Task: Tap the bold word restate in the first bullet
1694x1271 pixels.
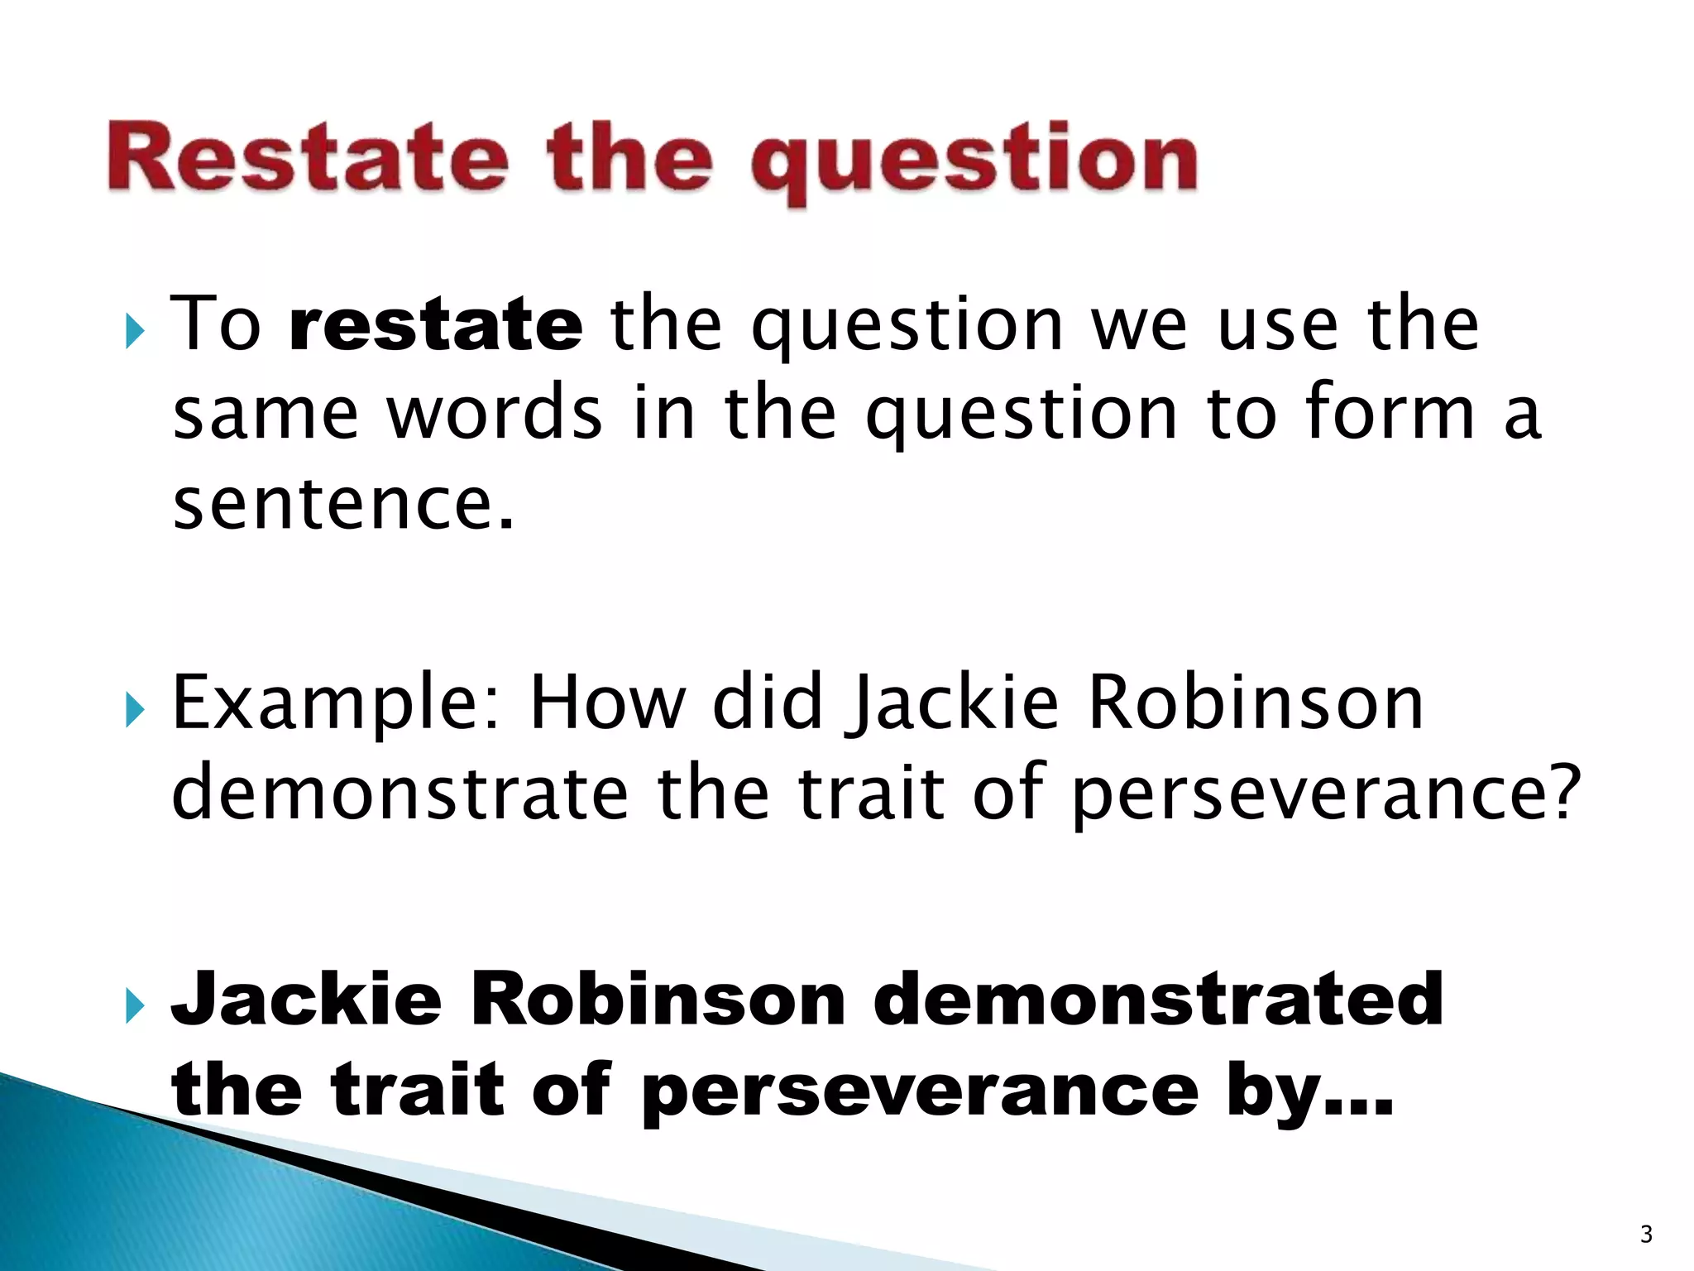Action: (436, 324)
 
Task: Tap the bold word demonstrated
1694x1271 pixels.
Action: (1157, 1000)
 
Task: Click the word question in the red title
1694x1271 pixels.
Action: (974, 161)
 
